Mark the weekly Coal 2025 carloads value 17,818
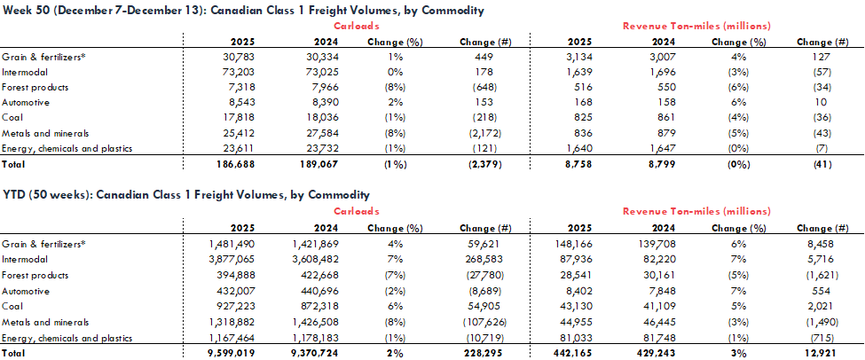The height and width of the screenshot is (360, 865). pos(239,119)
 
